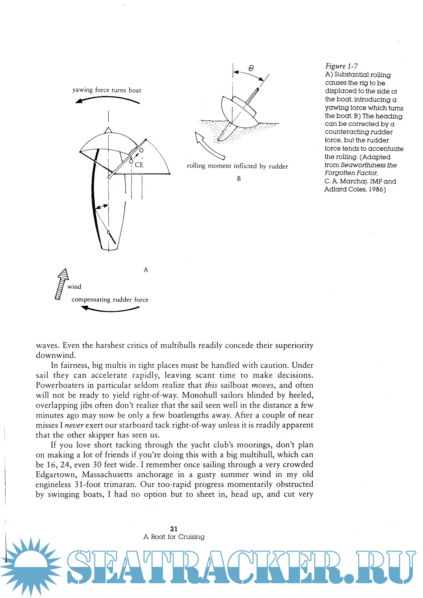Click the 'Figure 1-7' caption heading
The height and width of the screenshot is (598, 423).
341,66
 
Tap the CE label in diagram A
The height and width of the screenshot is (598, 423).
139,165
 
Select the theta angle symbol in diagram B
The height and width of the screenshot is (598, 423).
251,68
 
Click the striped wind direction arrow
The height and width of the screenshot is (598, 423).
61,284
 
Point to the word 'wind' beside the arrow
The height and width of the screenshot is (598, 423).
74,287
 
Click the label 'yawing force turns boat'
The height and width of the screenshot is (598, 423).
107,90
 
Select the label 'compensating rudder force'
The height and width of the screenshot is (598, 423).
110,300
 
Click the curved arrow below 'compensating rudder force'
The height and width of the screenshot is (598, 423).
110,309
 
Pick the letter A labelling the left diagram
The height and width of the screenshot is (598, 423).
146,270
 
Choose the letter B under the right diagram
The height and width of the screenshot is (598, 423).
239,179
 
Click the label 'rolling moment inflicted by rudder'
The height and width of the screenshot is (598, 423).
237,166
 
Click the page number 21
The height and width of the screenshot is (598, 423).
174,529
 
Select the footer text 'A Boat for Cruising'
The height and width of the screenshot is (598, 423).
174,537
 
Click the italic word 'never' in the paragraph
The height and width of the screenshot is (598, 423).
74,425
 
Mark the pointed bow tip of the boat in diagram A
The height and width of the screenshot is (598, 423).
108,129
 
